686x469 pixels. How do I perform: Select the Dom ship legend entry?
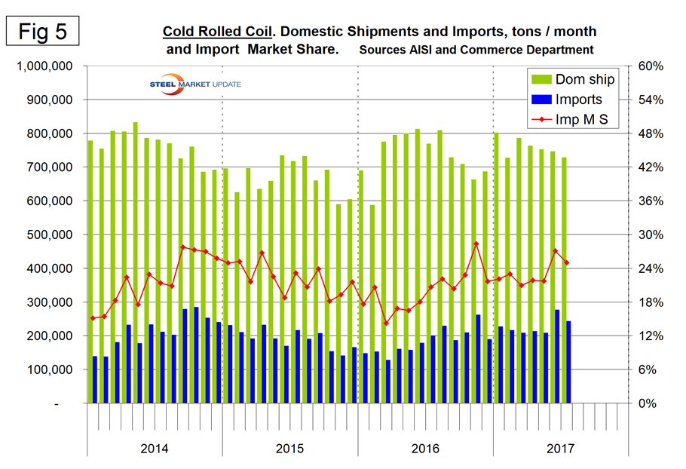tap(573, 79)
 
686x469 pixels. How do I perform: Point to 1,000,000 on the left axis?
tap(44, 66)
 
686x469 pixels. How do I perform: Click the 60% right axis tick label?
tap(650, 66)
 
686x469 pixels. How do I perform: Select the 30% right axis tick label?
tap(650, 235)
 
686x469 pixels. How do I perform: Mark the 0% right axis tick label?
tap(647, 404)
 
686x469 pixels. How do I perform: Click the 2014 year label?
tap(155, 449)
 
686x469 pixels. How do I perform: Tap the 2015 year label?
tap(289, 449)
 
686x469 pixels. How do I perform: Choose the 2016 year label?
tap(425, 449)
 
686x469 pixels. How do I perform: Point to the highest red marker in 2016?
tap(476, 244)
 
